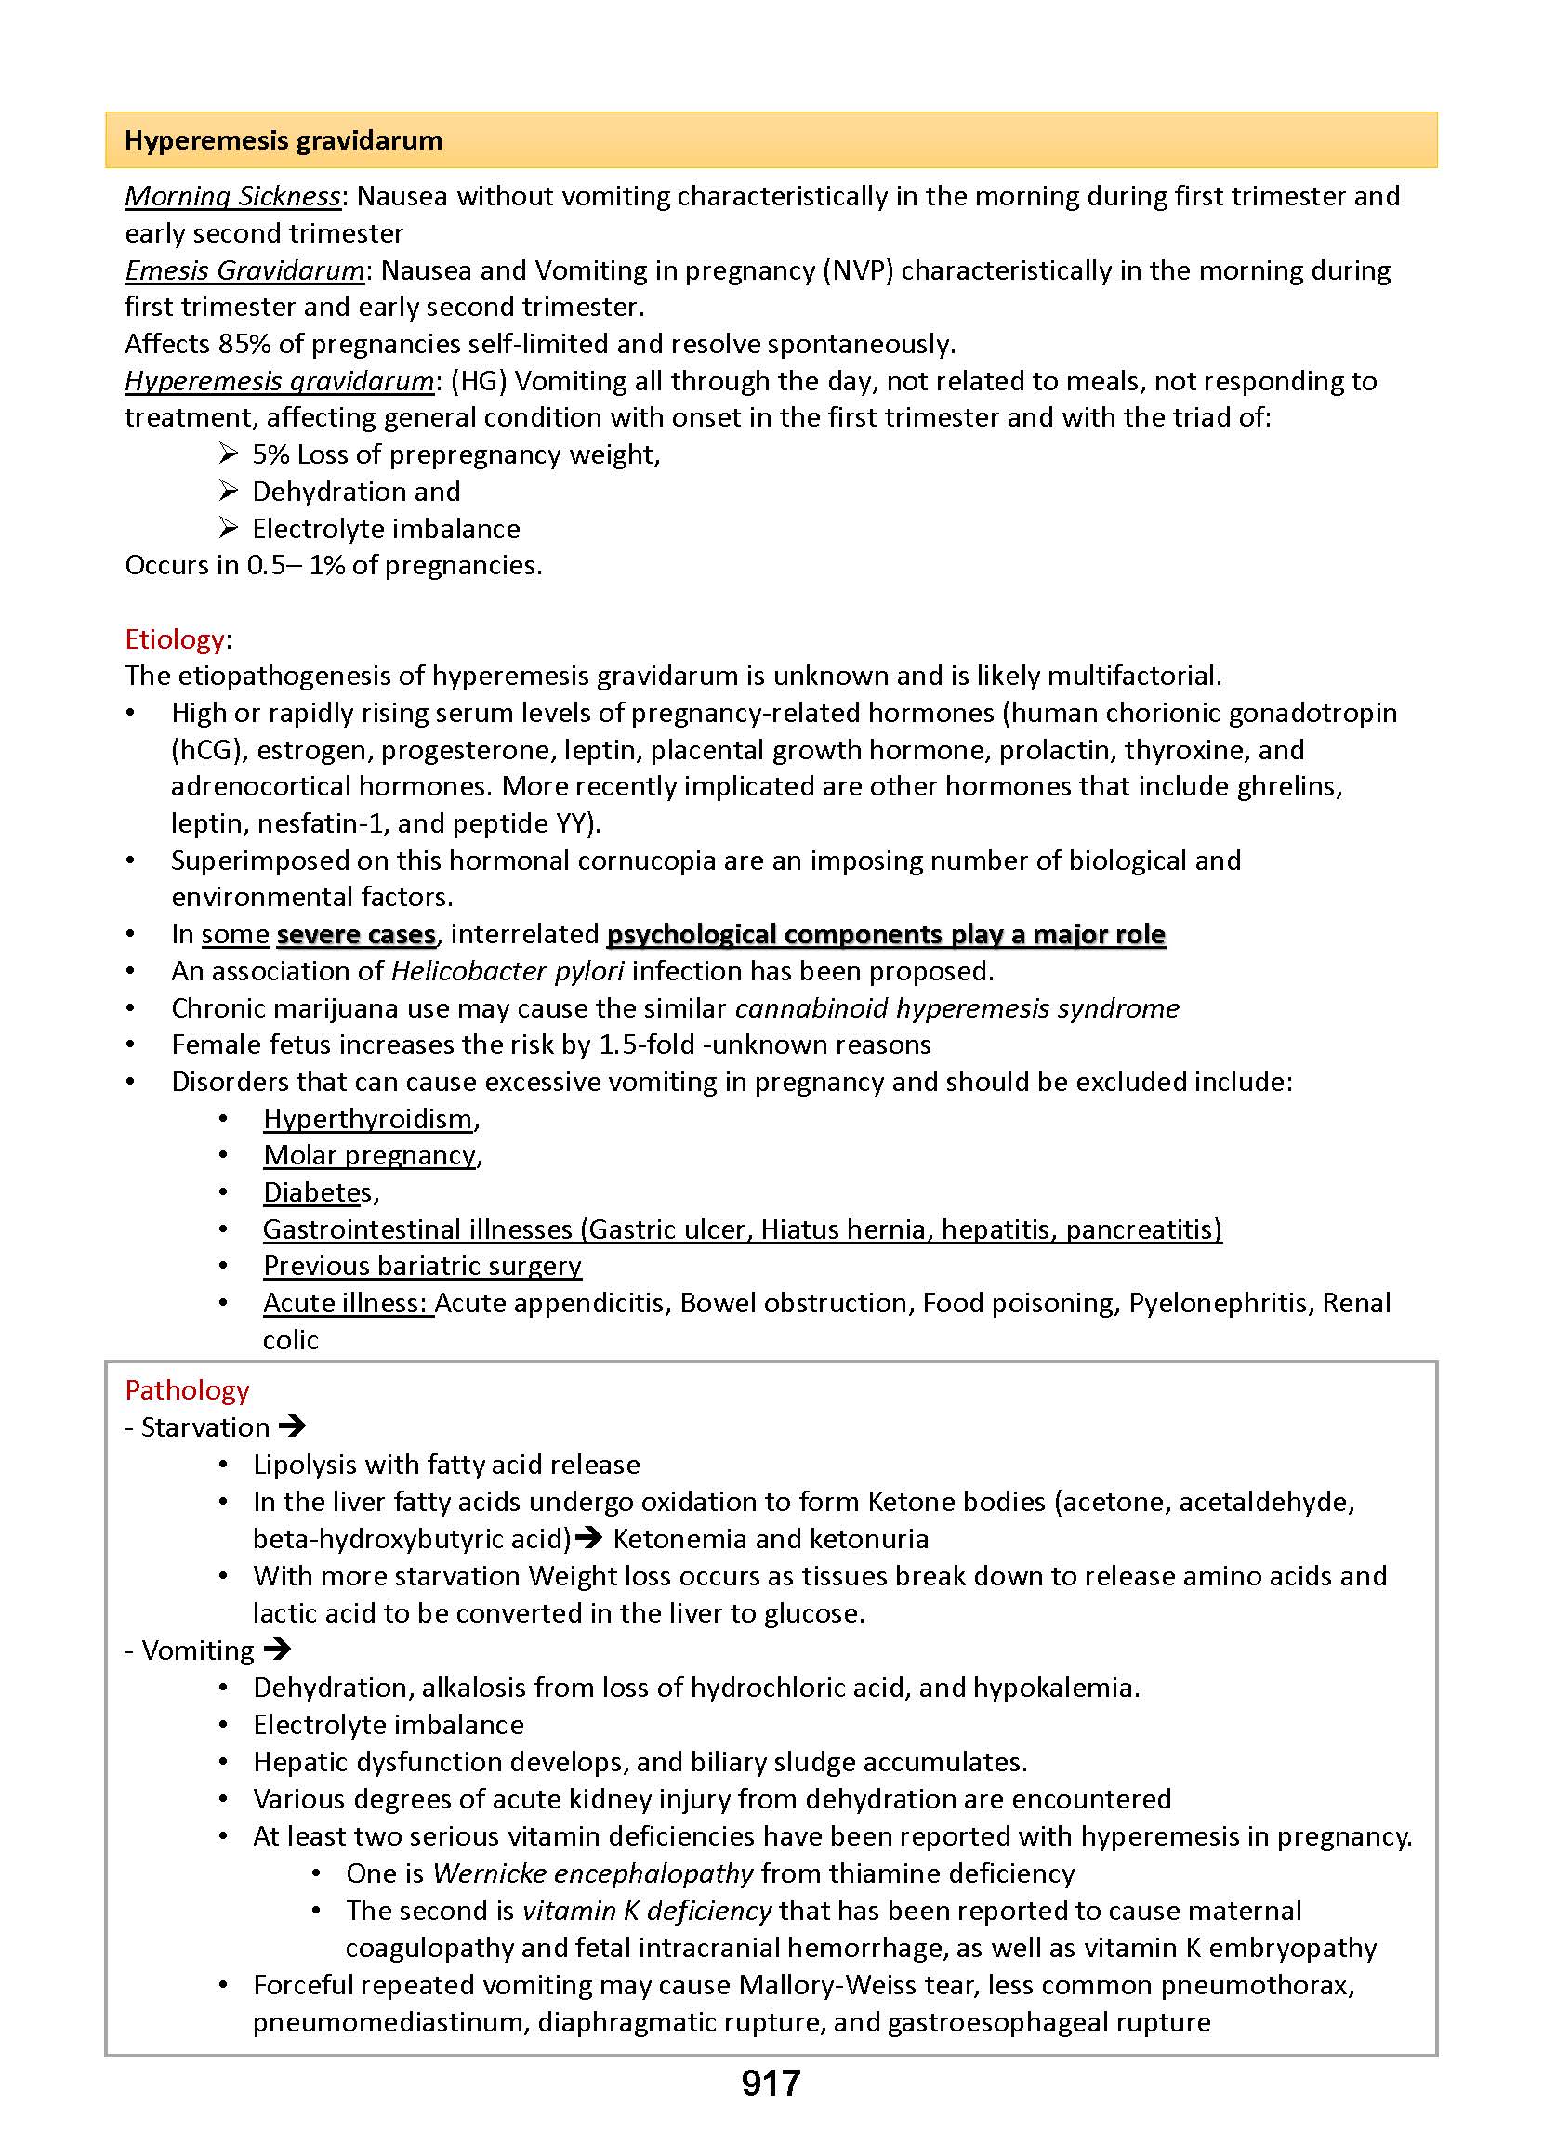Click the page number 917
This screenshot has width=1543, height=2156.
tap(771, 2083)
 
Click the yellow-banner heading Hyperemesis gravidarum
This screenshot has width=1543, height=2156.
tap(284, 140)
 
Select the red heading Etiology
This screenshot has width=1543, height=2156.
tap(175, 639)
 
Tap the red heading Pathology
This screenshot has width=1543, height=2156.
tap(187, 1390)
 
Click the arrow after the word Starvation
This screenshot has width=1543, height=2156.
tap(293, 1426)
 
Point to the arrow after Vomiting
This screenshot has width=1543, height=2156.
tap(277, 1650)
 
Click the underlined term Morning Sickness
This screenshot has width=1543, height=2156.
tap(232, 197)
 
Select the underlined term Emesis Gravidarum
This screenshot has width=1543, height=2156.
tap(244, 270)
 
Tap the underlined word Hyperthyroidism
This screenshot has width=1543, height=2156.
tap(368, 1119)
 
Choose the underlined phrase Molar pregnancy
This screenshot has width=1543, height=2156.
tap(370, 1155)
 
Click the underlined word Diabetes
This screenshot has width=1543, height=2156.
tap(317, 1192)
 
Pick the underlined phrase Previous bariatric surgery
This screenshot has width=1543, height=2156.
tap(422, 1266)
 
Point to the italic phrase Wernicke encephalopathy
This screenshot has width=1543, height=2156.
tap(593, 1873)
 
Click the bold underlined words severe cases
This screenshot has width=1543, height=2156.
tap(356, 935)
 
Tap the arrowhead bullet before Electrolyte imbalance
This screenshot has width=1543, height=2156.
tap(228, 528)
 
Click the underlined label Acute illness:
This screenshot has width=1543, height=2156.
tap(346, 1303)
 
